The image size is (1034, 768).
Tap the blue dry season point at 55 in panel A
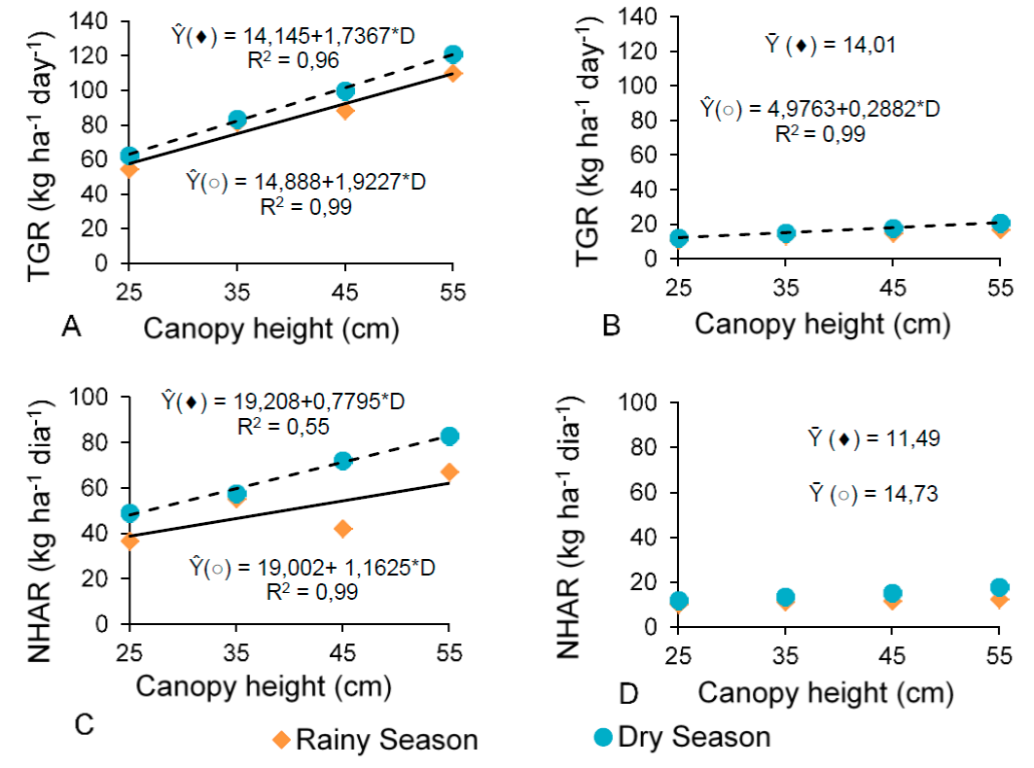tap(452, 54)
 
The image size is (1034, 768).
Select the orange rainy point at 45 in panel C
tap(342, 529)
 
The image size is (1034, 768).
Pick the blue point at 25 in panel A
tap(129, 156)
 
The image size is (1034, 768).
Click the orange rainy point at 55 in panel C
tap(449, 472)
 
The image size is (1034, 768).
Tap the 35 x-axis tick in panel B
tap(786, 288)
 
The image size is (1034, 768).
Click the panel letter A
tap(70, 329)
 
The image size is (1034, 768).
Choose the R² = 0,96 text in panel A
tap(292, 62)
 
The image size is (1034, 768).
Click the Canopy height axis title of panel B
tap(822, 324)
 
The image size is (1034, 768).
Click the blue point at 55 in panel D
tap(999, 587)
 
